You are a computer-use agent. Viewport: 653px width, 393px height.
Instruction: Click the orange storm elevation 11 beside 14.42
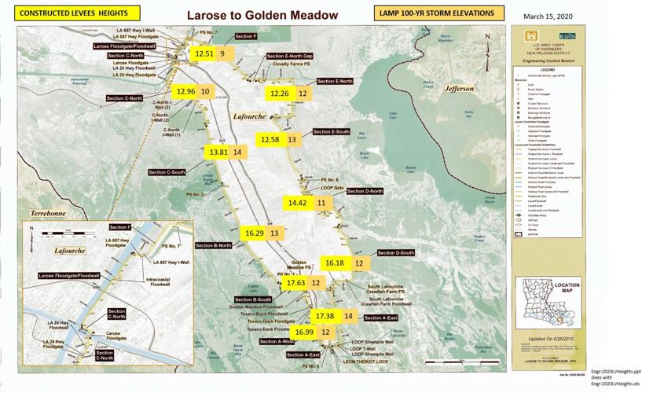(x=321, y=203)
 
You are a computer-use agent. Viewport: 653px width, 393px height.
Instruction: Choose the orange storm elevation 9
(x=223, y=53)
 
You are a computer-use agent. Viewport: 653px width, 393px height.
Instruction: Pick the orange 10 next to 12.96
(x=206, y=91)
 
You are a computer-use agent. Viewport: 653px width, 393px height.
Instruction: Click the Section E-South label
(x=332, y=132)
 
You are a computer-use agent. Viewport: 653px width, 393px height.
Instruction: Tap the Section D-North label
(x=365, y=192)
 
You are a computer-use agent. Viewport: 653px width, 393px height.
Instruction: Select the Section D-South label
(x=395, y=253)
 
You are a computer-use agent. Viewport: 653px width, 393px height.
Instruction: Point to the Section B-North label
(x=213, y=246)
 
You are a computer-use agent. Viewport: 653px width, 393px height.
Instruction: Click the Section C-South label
(x=166, y=172)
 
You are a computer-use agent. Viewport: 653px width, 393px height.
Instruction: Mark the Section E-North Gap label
(x=289, y=57)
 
